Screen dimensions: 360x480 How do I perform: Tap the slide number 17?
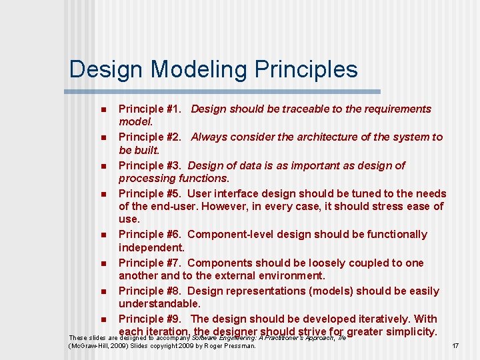[x=456, y=346]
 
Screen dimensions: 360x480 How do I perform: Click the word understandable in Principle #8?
[x=159, y=303]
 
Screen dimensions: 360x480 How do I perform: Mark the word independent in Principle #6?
[x=150, y=247]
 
